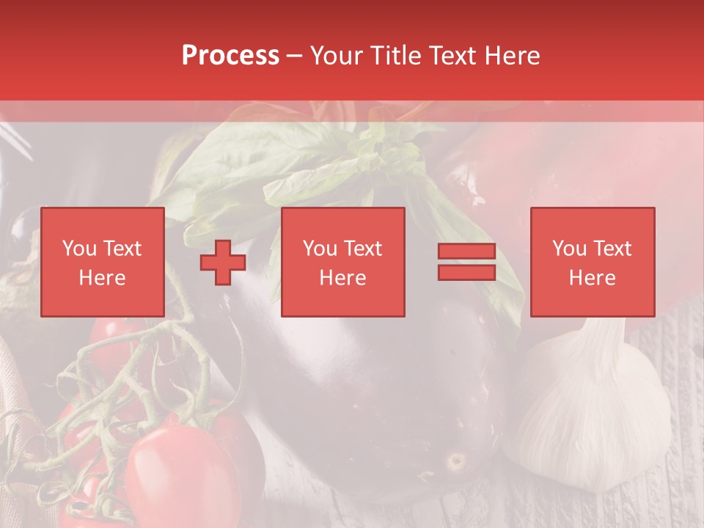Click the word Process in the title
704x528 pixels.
click(x=230, y=56)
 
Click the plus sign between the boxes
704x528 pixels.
click(x=223, y=263)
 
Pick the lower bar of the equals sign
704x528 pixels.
click(x=466, y=273)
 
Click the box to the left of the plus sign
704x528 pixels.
click(x=103, y=263)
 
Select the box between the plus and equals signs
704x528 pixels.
click(x=343, y=263)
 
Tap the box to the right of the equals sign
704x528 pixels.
click(x=593, y=263)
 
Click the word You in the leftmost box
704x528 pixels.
click(x=79, y=249)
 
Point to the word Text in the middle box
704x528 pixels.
click(x=363, y=249)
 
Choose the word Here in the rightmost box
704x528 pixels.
click(x=593, y=278)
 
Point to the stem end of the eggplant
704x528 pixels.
click(x=456, y=461)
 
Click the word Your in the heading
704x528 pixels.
click(x=337, y=56)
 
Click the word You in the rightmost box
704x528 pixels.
click(x=569, y=249)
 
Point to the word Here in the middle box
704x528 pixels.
click(x=343, y=278)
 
